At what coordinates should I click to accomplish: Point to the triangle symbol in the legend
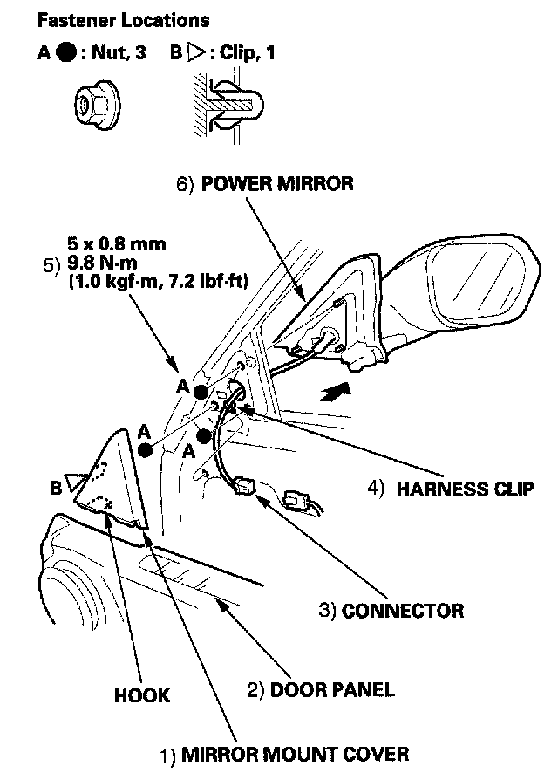click(x=196, y=53)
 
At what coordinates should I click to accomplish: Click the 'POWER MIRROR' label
click(x=277, y=184)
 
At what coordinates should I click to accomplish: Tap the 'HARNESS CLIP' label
click(x=465, y=489)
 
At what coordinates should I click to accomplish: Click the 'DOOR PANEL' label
click(x=331, y=689)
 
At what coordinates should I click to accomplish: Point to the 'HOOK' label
click(x=142, y=695)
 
